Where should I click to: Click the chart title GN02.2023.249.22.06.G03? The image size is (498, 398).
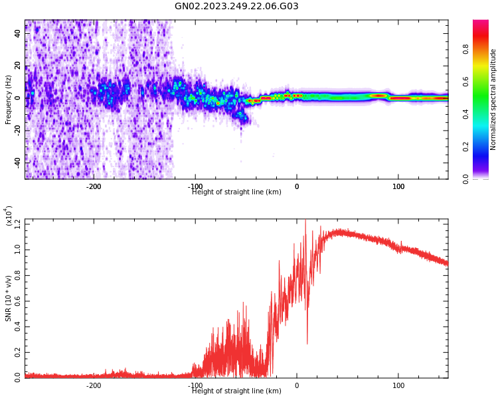click(236, 7)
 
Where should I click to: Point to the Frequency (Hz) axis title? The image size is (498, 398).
click(9, 99)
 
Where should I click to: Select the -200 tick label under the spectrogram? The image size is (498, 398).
click(94, 186)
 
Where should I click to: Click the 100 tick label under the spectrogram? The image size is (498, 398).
click(398, 186)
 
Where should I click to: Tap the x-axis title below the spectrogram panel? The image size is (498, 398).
click(236, 192)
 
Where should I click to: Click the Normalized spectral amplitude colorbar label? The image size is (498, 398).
click(493, 99)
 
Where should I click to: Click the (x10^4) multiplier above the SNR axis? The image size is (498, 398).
click(9, 216)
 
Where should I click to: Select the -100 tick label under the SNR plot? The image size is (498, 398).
click(195, 385)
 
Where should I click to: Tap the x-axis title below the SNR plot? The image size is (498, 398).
click(236, 391)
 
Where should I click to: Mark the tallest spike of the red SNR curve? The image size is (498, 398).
click(305, 221)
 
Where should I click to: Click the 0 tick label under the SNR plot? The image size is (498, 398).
click(297, 385)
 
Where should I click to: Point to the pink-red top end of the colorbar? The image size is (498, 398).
click(480, 23)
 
